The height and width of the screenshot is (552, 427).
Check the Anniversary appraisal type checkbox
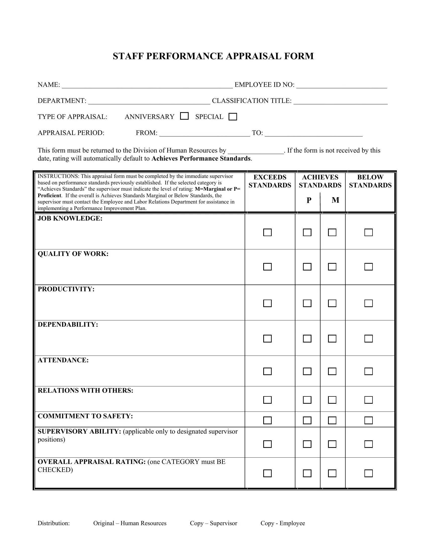(184, 116)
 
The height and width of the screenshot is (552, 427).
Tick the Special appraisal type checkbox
(233, 117)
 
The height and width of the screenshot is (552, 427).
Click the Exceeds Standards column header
(270, 181)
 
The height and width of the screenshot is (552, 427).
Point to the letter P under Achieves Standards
(309, 200)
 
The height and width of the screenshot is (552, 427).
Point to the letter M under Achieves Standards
(335, 200)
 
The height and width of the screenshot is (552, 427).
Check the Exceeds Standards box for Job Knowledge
(267, 232)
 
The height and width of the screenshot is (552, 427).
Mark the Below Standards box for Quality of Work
(368, 267)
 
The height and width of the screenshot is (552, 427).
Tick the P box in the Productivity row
(307, 303)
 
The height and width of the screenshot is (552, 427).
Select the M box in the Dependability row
(332, 338)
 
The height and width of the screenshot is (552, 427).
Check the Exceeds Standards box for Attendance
(267, 371)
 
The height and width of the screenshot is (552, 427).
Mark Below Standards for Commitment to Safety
(368, 420)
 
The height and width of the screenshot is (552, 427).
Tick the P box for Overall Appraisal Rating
(307, 473)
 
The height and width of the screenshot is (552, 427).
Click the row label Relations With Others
(85, 390)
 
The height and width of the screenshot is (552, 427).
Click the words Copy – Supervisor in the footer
(213, 523)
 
